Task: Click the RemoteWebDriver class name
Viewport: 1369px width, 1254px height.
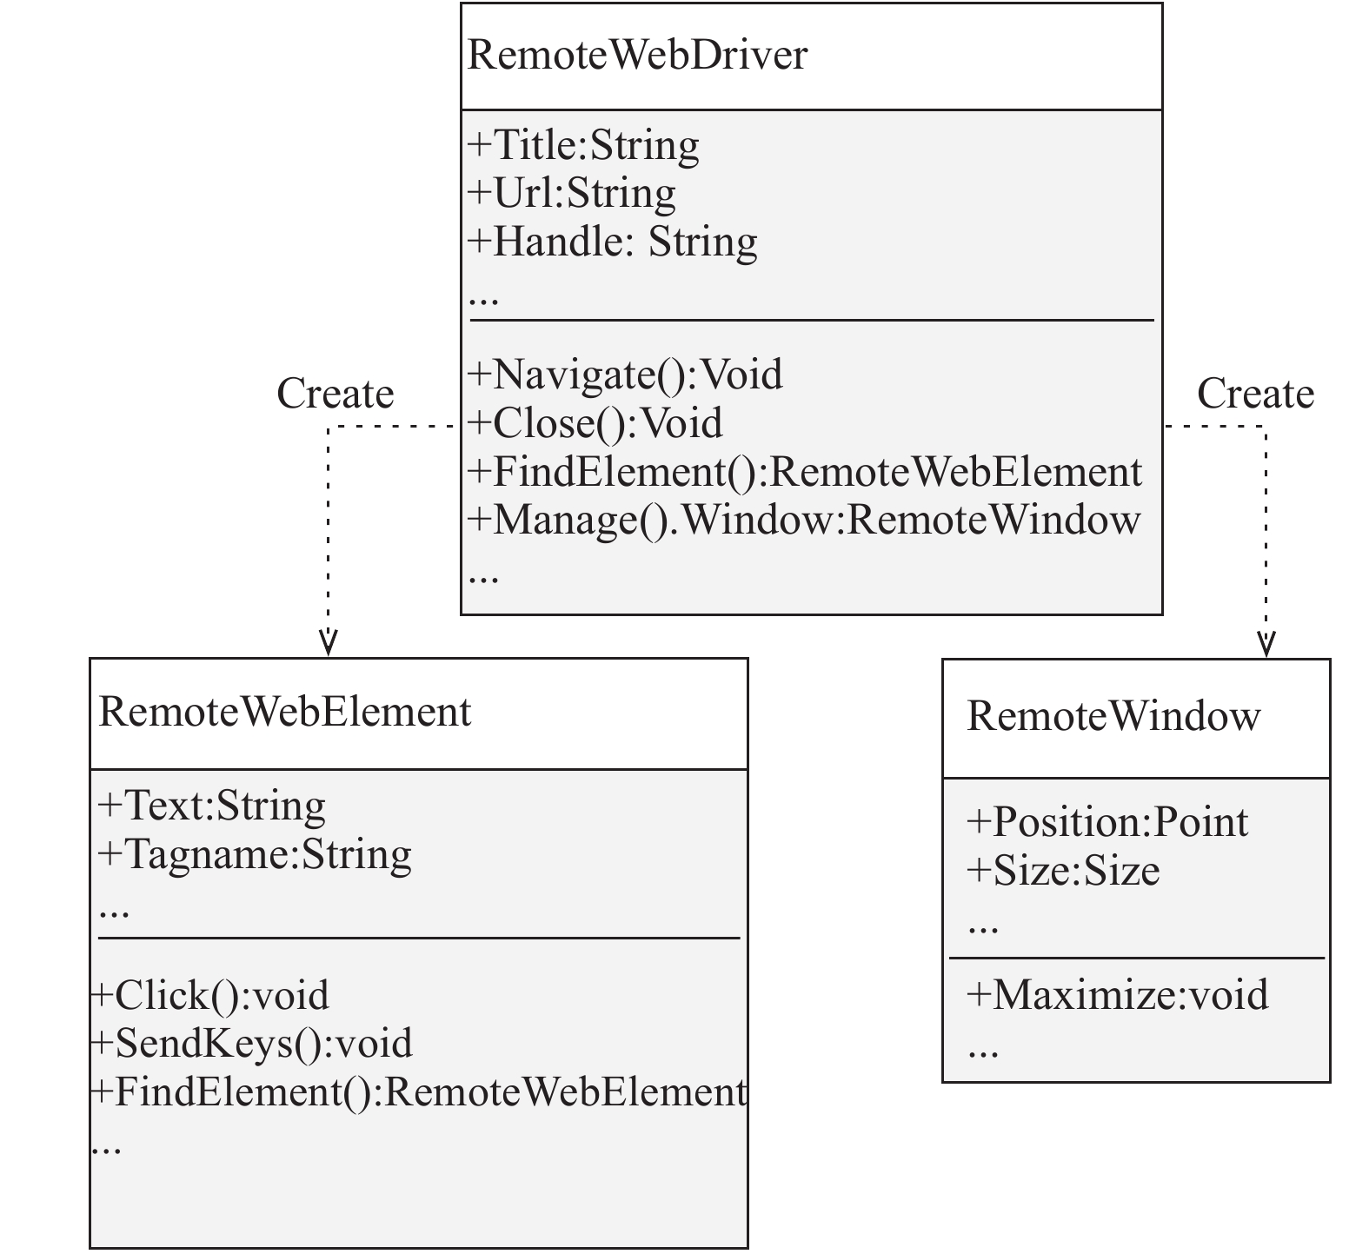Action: pyautogui.click(x=638, y=55)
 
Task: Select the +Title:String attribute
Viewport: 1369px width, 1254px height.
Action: pyautogui.click(x=583, y=145)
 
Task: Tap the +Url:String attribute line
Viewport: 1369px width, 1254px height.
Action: pyautogui.click(x=572, y=193)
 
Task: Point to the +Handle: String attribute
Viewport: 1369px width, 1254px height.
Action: pyautogui.click(x=613, y=241)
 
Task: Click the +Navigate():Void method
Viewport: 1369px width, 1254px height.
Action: pyautogui.click(x=625, y=375)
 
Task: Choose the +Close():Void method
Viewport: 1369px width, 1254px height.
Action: pyautogui.click(x=595, y=423)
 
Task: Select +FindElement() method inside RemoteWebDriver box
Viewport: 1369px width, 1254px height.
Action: pyautogui.click(x=805, y=472)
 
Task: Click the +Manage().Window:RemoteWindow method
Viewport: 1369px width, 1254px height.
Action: pyautogui.click(x=804, y=520)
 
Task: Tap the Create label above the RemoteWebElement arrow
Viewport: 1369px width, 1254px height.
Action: pyautogui.click(x=336, y=394)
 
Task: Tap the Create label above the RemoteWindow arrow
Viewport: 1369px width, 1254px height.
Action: pyautogui.click(x=1255, y=394)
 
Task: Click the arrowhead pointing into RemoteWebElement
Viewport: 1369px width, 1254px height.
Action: pyautogui.click(x=328, y=644)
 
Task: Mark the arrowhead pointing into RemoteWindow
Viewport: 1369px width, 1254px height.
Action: pyautogui.click(x=1266, y=644)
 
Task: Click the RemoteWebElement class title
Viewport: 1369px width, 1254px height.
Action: pyautogui.click(x=285, y=712)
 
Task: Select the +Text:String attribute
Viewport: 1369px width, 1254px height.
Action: pyautogui.click(x=212, y=806)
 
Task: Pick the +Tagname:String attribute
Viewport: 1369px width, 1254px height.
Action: pyautogui.click(x=255, y=854)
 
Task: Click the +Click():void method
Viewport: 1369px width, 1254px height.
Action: pyautogui.click(x=209, y=996)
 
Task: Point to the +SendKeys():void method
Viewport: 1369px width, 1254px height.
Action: pyautogui.click(x=251, y=1044)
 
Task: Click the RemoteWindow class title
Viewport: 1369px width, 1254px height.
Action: pyautogui.click(x=1113, y=716)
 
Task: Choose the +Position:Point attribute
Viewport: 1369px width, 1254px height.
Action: pyautogui.click(x=1107, y=822)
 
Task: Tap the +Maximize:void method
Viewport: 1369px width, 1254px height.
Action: pyautogui.click(x=1118, y=995)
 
